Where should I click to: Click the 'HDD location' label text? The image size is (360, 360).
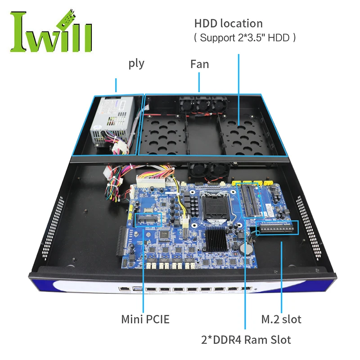[228, 23]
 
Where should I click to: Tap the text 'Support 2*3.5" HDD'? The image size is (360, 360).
[245, 38]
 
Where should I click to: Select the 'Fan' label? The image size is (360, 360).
[199, 64]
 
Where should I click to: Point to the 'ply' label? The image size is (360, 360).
[136, 63]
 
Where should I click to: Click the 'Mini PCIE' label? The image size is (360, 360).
[145, 319]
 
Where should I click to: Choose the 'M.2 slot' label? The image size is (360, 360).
[281, 319]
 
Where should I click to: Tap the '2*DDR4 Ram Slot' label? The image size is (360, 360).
[246, 340]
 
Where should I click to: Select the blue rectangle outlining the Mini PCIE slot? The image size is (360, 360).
[147, 221]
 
